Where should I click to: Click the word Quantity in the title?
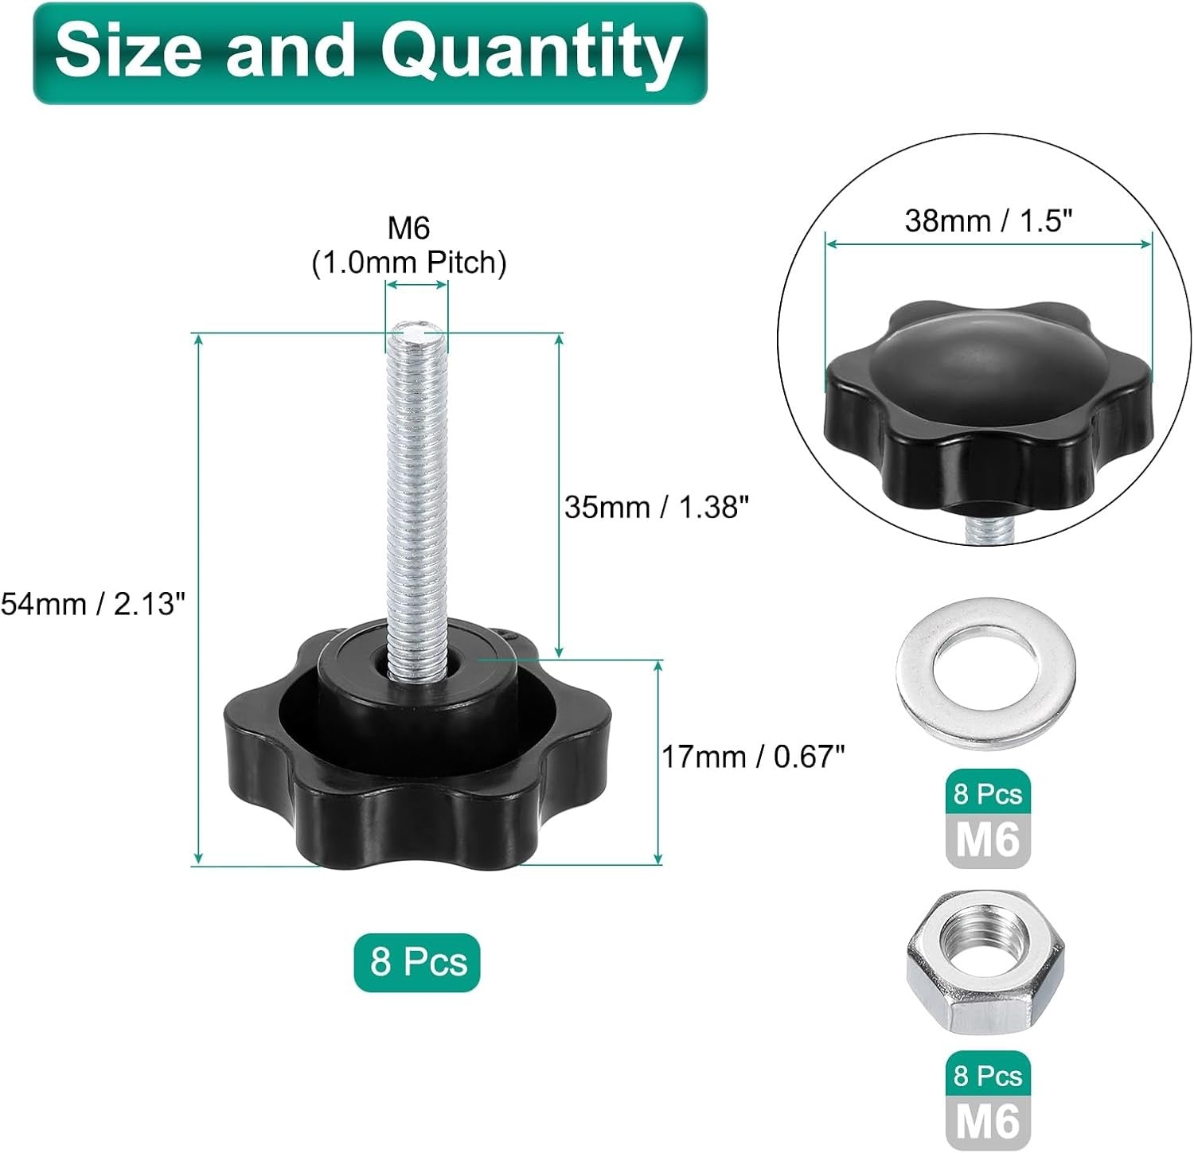pyautogui.click(x=532, y=53)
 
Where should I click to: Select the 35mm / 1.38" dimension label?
pyautogui.click(x=657, y=506)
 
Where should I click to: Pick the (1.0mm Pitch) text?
pyautogui.click(x=408, y=263)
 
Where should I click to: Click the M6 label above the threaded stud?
pyautogui.click(x=408, y=228)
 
